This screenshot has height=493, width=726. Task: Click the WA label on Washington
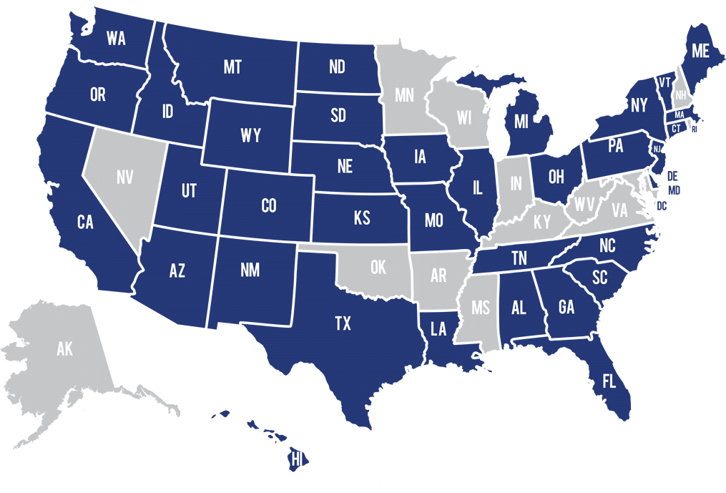[x=116, y=39]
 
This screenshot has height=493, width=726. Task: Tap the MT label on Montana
[x=232, y=67]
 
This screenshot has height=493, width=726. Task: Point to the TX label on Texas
[x=343, y=324]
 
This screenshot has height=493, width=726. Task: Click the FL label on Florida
[x=609, y=381]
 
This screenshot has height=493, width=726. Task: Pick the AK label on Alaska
[x=64, y=349]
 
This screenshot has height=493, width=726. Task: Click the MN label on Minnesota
[x=405, y=94]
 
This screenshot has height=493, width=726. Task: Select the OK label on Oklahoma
[x=378, y=268]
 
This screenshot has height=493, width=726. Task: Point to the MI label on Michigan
[x=521, y=121]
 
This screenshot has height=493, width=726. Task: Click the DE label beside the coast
[x=672, y=175]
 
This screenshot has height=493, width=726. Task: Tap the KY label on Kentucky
[x=542, y=222]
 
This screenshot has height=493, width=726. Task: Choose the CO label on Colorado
[x=268, y=206]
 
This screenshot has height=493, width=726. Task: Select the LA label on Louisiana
[x=438, y=329]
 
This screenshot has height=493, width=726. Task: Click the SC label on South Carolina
[x=600, y=277]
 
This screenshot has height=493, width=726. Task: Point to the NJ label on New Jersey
[x=657, y=149]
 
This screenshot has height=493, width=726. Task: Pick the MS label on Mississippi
[x=480, y=308]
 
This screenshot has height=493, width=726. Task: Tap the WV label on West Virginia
[x=584, y=205]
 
